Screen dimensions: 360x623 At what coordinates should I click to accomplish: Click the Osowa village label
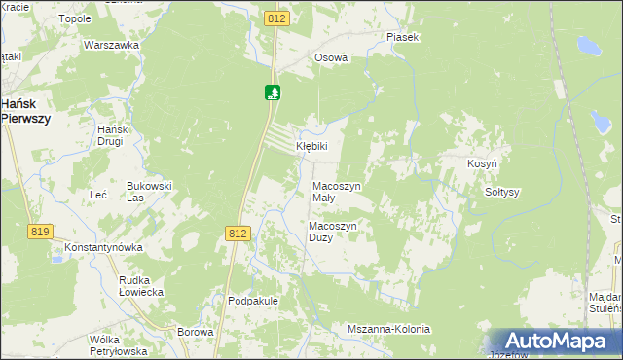click(331, 57)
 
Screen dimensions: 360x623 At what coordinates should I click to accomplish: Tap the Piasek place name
click(401, 37)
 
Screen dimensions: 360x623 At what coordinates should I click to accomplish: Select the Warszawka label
click(108, 45)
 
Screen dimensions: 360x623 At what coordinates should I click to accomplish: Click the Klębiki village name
click(312, 146)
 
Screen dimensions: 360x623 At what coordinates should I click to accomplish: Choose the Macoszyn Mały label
click(336, 191)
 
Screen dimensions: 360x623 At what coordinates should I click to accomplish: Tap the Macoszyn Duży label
click(334, 232)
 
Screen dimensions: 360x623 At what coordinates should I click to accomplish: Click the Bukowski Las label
click(149, 191)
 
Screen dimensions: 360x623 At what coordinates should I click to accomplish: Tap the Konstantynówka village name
click(104, 247)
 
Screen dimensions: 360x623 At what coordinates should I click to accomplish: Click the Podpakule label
click(253, 301)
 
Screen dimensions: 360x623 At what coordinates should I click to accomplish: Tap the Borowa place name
click(195, 332)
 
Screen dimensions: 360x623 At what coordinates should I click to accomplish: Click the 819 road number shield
click(41, 231)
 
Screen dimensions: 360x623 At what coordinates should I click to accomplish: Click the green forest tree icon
click(273, 92)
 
